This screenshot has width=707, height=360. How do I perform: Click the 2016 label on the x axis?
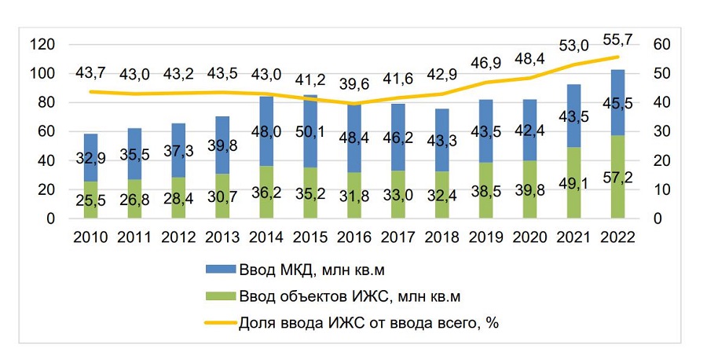point(354,237)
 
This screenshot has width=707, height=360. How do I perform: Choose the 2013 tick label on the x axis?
point(222,237)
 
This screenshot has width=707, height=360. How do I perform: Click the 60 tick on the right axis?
point(662,44)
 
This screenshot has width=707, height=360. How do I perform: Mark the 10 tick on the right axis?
point(662,189)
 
